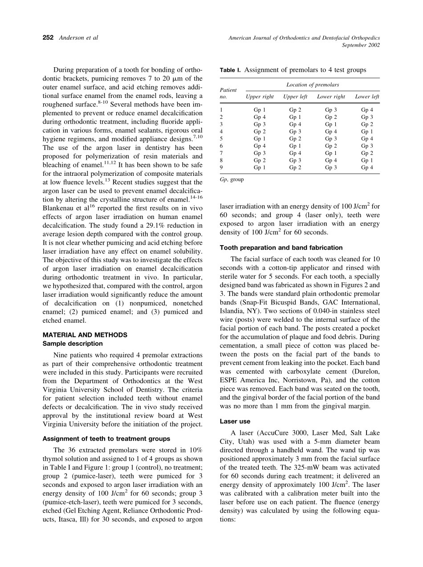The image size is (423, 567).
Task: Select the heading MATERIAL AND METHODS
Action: pyautogui.click(x=85, y=335)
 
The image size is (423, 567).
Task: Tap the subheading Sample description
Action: pyautogui.click(x=72, y=344)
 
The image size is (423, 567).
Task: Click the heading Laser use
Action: pyautogui.click(x=235, y=421)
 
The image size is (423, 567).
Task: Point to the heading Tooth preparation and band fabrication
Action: pyautogui.click(x=281, y=247)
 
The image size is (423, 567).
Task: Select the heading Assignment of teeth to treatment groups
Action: pyautogui.click(x=106, y=438)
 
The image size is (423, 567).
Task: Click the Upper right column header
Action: pyautogui.click(x=260, y=97)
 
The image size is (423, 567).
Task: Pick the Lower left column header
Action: pyautogui.click(x=367, y=97)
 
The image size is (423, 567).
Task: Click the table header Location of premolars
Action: pyautogui.click(x=313, y=85)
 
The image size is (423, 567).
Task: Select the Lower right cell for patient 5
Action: pyautogui.click(x=331, y=138)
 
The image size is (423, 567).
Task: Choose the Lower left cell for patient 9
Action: pyautogui.click(x=367, y=167)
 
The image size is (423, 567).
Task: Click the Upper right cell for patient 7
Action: pyautogui.click(x=260, y=153)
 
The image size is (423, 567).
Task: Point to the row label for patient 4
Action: pyautogui.click(x=222, y=131)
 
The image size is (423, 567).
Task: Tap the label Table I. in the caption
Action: pyautogui.click(x=230, y=70)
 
